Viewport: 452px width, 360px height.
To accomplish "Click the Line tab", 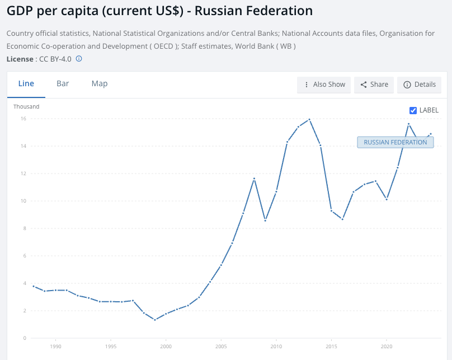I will (x=26, y=84).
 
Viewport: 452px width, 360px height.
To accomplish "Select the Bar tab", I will (x=63, y=84).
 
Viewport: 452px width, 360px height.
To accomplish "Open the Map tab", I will (x=100, y=84).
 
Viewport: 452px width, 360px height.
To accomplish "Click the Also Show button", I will (x=324, y=85).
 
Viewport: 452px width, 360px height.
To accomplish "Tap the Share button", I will (x=374, y=85).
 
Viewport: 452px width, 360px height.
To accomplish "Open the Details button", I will (x=420, y=85).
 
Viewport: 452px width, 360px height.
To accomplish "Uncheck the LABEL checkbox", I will (x=413, y=110).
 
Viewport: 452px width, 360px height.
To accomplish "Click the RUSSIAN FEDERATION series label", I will (x=395, y=142).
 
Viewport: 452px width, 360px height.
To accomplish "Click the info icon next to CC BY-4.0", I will (x=79, y=58).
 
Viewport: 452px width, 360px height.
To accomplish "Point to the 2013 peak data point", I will (x=309, y=119).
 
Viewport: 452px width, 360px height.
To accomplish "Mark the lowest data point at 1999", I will (x=155, y=320).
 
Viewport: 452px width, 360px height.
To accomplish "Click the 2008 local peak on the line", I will (x=254, y=179).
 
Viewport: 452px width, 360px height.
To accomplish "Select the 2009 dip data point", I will (x=265, y=221).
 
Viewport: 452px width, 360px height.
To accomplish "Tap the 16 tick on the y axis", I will (x=23, y=119).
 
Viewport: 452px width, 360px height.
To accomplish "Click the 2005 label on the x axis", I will (x=221, y=347).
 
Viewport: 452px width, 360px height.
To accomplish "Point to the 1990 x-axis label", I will (x=55, y=347).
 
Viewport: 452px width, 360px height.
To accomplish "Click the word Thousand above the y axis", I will (x=27, y=106).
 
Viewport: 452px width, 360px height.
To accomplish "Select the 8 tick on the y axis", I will (x=25, y=228).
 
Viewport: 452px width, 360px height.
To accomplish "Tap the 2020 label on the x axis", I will (x=387, y=347).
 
